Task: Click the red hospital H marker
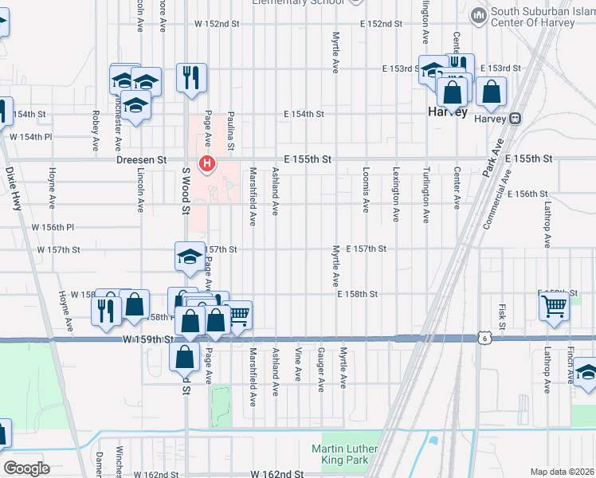[207, 165]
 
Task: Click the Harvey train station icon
[516, 119]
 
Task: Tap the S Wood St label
[186, 191]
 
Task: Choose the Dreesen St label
[141, 159]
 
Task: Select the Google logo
[26, 468]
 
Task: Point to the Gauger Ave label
[320, 369]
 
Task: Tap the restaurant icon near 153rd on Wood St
[191, 78]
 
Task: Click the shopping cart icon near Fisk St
[555, 305]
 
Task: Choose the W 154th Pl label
[30, 137]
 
